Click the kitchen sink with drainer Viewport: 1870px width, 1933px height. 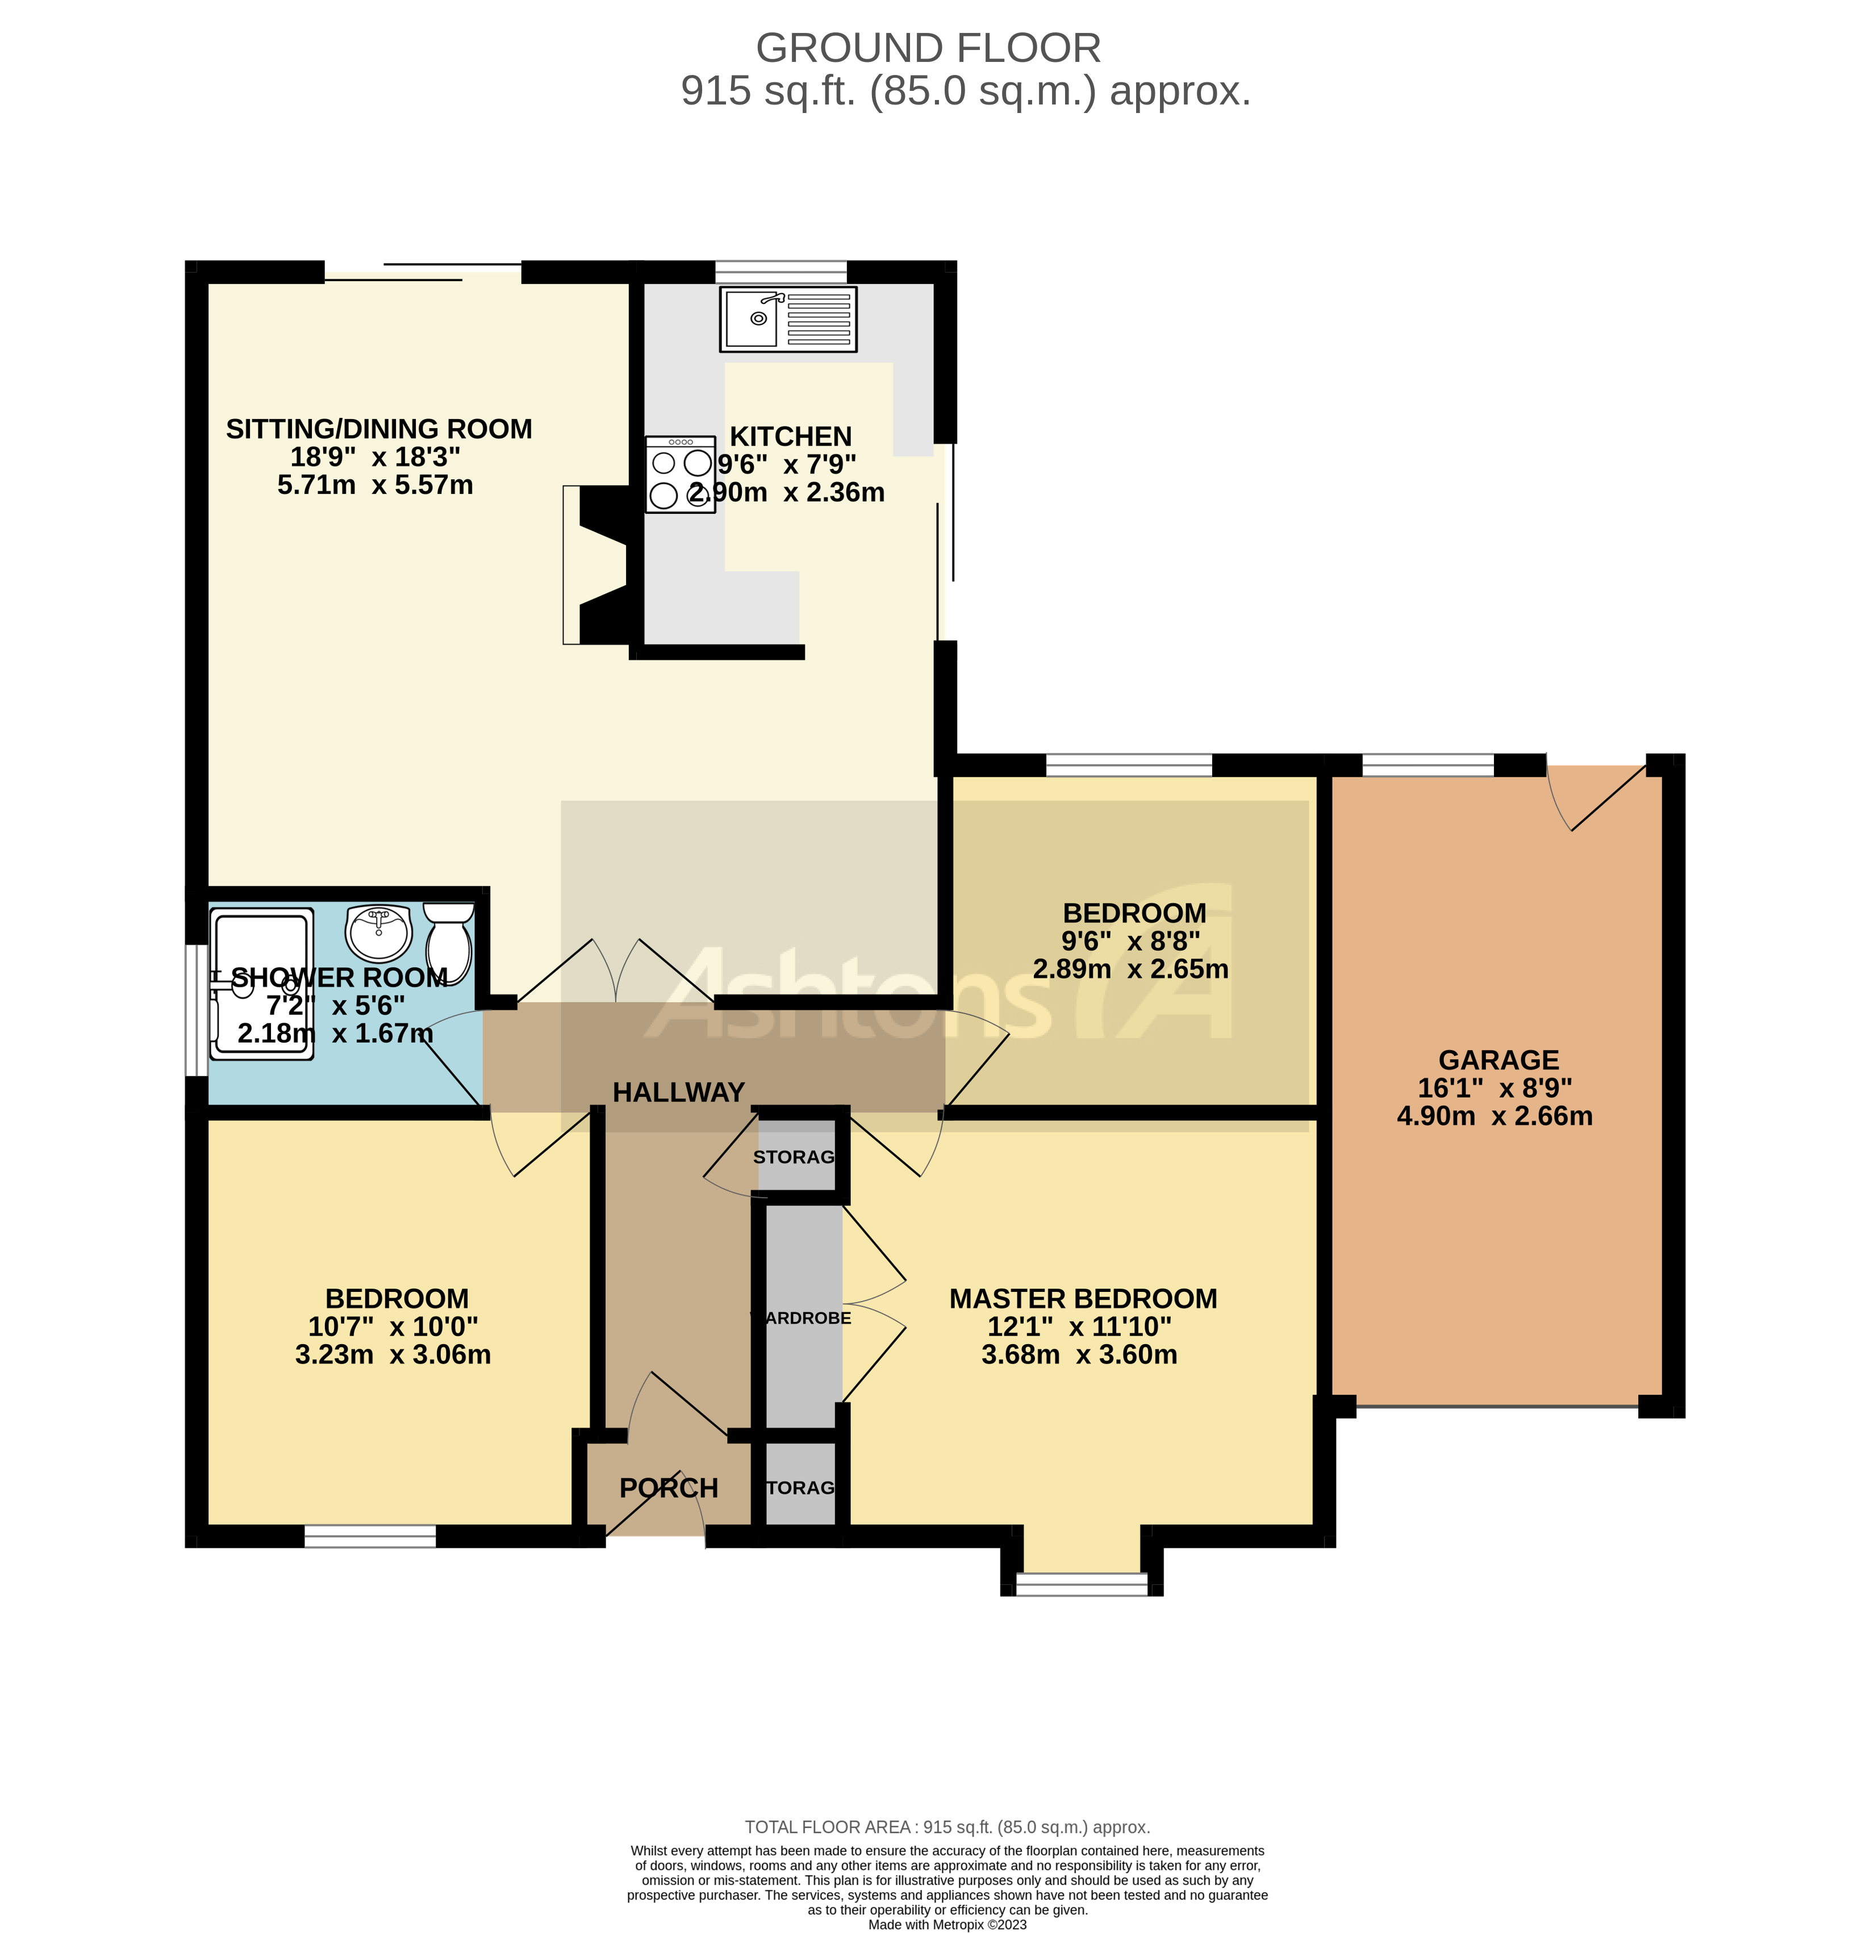[x=787, y=320]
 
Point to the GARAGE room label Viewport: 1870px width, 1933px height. [x=1498, y=1060]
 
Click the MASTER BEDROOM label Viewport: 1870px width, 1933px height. [x=1083, y=1299]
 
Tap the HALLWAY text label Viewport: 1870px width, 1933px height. [x=679, y=1093]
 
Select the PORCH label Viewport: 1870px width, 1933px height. [x=669, y=1488]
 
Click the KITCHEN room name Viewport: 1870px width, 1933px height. [x=790, y=436]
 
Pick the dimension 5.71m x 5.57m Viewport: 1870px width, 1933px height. [x=375, y=485]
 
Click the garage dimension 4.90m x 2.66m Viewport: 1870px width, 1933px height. [x=1494, y=1116]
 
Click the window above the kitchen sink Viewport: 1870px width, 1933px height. [x=780, y=271]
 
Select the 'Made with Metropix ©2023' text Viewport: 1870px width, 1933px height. [x=947, y=1924]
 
